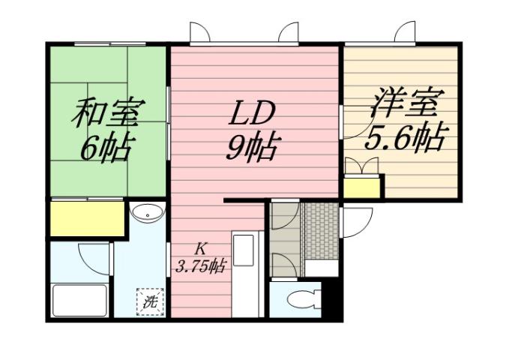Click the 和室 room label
(x=107, y=115)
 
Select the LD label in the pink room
(x=253, y=114)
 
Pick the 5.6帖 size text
(x=406, y=137)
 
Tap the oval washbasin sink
(x=147, y=213)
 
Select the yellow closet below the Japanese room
(x=86, y=218)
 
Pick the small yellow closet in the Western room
(x=362, y=186)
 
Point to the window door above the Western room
(x=405, y=33)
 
